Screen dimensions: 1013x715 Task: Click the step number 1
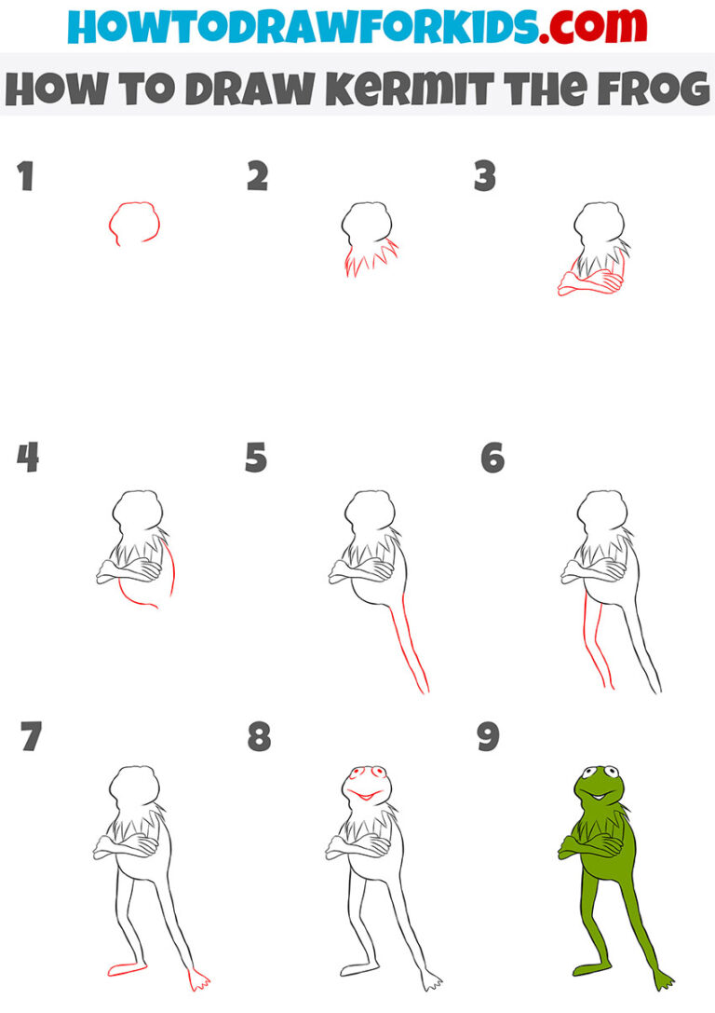click(x=25, y=177)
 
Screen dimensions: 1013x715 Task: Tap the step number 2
click(x=258, y=177)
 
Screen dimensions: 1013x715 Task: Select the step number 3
click(x=484, y=177)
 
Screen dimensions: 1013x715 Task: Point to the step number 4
click(x=27, y=459)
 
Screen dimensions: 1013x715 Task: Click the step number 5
click(x=256, y=459)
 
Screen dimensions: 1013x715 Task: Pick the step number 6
click(x=492, y=459)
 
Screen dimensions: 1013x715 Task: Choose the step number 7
click(x=30, y=737)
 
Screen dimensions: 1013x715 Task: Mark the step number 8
click(x=259, y=737)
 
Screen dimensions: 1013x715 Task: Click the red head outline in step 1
click(x=134, y=224)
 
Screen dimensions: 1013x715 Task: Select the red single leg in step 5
click(x=410, y=652)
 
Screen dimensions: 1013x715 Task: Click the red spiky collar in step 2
click(x=371, y=257)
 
